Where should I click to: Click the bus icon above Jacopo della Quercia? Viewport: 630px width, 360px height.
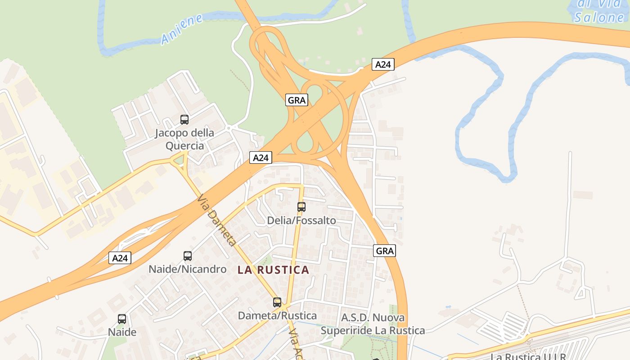click(184, 120)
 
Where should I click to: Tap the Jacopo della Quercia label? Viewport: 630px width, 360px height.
click(184, 139)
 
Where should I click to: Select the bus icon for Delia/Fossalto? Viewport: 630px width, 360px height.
click(301, 207)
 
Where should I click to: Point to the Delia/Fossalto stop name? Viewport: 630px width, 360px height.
click(301, 220)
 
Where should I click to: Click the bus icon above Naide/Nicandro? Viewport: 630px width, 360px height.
click(188, 256)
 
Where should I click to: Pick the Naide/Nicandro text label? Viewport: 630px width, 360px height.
click(188, 269)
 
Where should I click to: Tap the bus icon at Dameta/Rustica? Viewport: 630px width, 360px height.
click(277, 302)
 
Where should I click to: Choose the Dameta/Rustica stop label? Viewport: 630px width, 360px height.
click(277, 315)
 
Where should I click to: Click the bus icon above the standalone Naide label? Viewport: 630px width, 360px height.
click(122, 319)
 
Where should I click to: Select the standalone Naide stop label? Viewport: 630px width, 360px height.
click(122, 332)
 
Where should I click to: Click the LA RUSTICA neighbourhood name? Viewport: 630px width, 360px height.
click(274, 270)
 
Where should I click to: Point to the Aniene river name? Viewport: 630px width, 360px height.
click(182, 30)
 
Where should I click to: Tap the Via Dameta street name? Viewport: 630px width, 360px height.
click(216, 220)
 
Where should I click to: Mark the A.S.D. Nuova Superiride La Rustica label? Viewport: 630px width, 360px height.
click(373, 324)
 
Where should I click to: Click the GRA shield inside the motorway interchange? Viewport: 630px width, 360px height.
click(297, 100)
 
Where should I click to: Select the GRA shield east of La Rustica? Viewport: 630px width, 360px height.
click(385, 251)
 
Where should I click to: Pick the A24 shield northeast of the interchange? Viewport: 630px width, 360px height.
click(383, 64)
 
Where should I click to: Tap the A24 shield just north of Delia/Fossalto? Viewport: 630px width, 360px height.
click(261, 157)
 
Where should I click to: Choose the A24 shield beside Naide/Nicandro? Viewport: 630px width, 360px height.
click(120, 258)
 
